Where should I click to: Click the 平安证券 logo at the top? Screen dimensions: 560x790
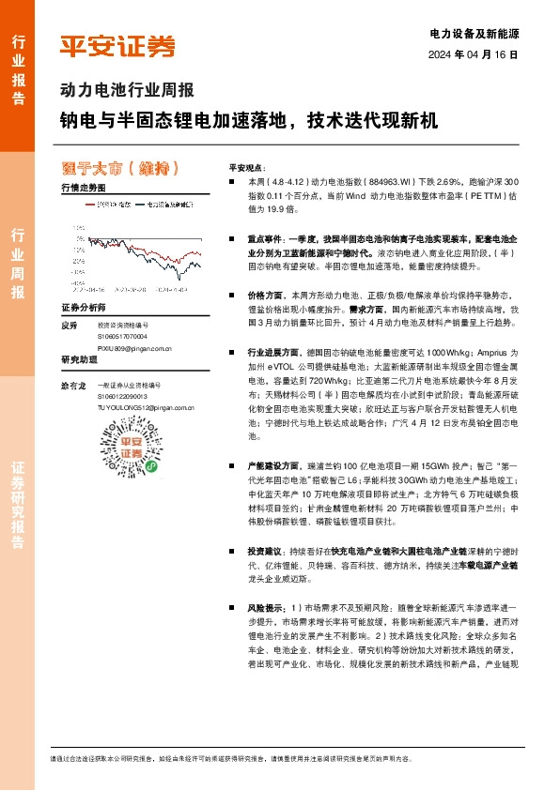click(117, 46)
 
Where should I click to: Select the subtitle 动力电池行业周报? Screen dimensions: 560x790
click(126, 91)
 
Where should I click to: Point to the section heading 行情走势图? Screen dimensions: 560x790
click(84, 188)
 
